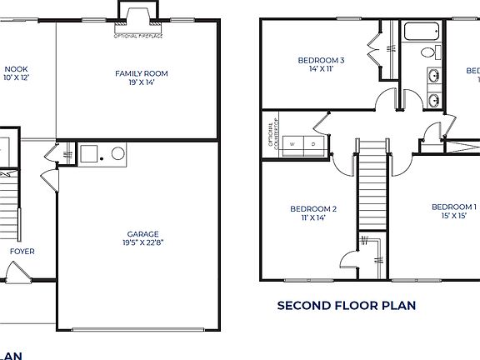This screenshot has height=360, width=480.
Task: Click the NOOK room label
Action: point(16,70)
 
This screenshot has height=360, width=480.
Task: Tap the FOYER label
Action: point(22,250)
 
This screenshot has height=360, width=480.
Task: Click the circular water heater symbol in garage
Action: point(117,153)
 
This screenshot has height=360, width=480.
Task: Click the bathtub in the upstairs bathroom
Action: point(422,33)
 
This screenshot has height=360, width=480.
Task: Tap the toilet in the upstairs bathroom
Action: point(428,52)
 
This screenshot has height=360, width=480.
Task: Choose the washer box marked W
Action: point(292,143)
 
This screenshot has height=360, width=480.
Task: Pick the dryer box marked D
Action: point(313,143)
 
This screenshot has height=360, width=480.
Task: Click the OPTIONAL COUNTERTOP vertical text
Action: point(271,134)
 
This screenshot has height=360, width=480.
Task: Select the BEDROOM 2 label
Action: point(313,208)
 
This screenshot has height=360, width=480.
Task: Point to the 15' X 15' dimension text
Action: point(453,216)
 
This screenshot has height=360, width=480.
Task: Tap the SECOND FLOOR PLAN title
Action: point(346,306)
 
